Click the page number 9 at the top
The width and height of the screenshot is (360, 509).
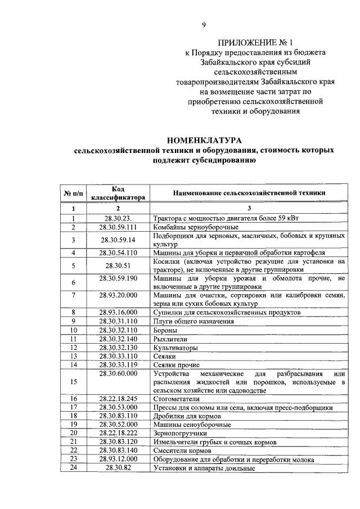click(204, 24)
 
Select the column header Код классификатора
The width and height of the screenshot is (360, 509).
click(118, 193)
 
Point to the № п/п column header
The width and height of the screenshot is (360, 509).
click(73, 193)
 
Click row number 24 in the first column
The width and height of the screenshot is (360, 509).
click(73, 467)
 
